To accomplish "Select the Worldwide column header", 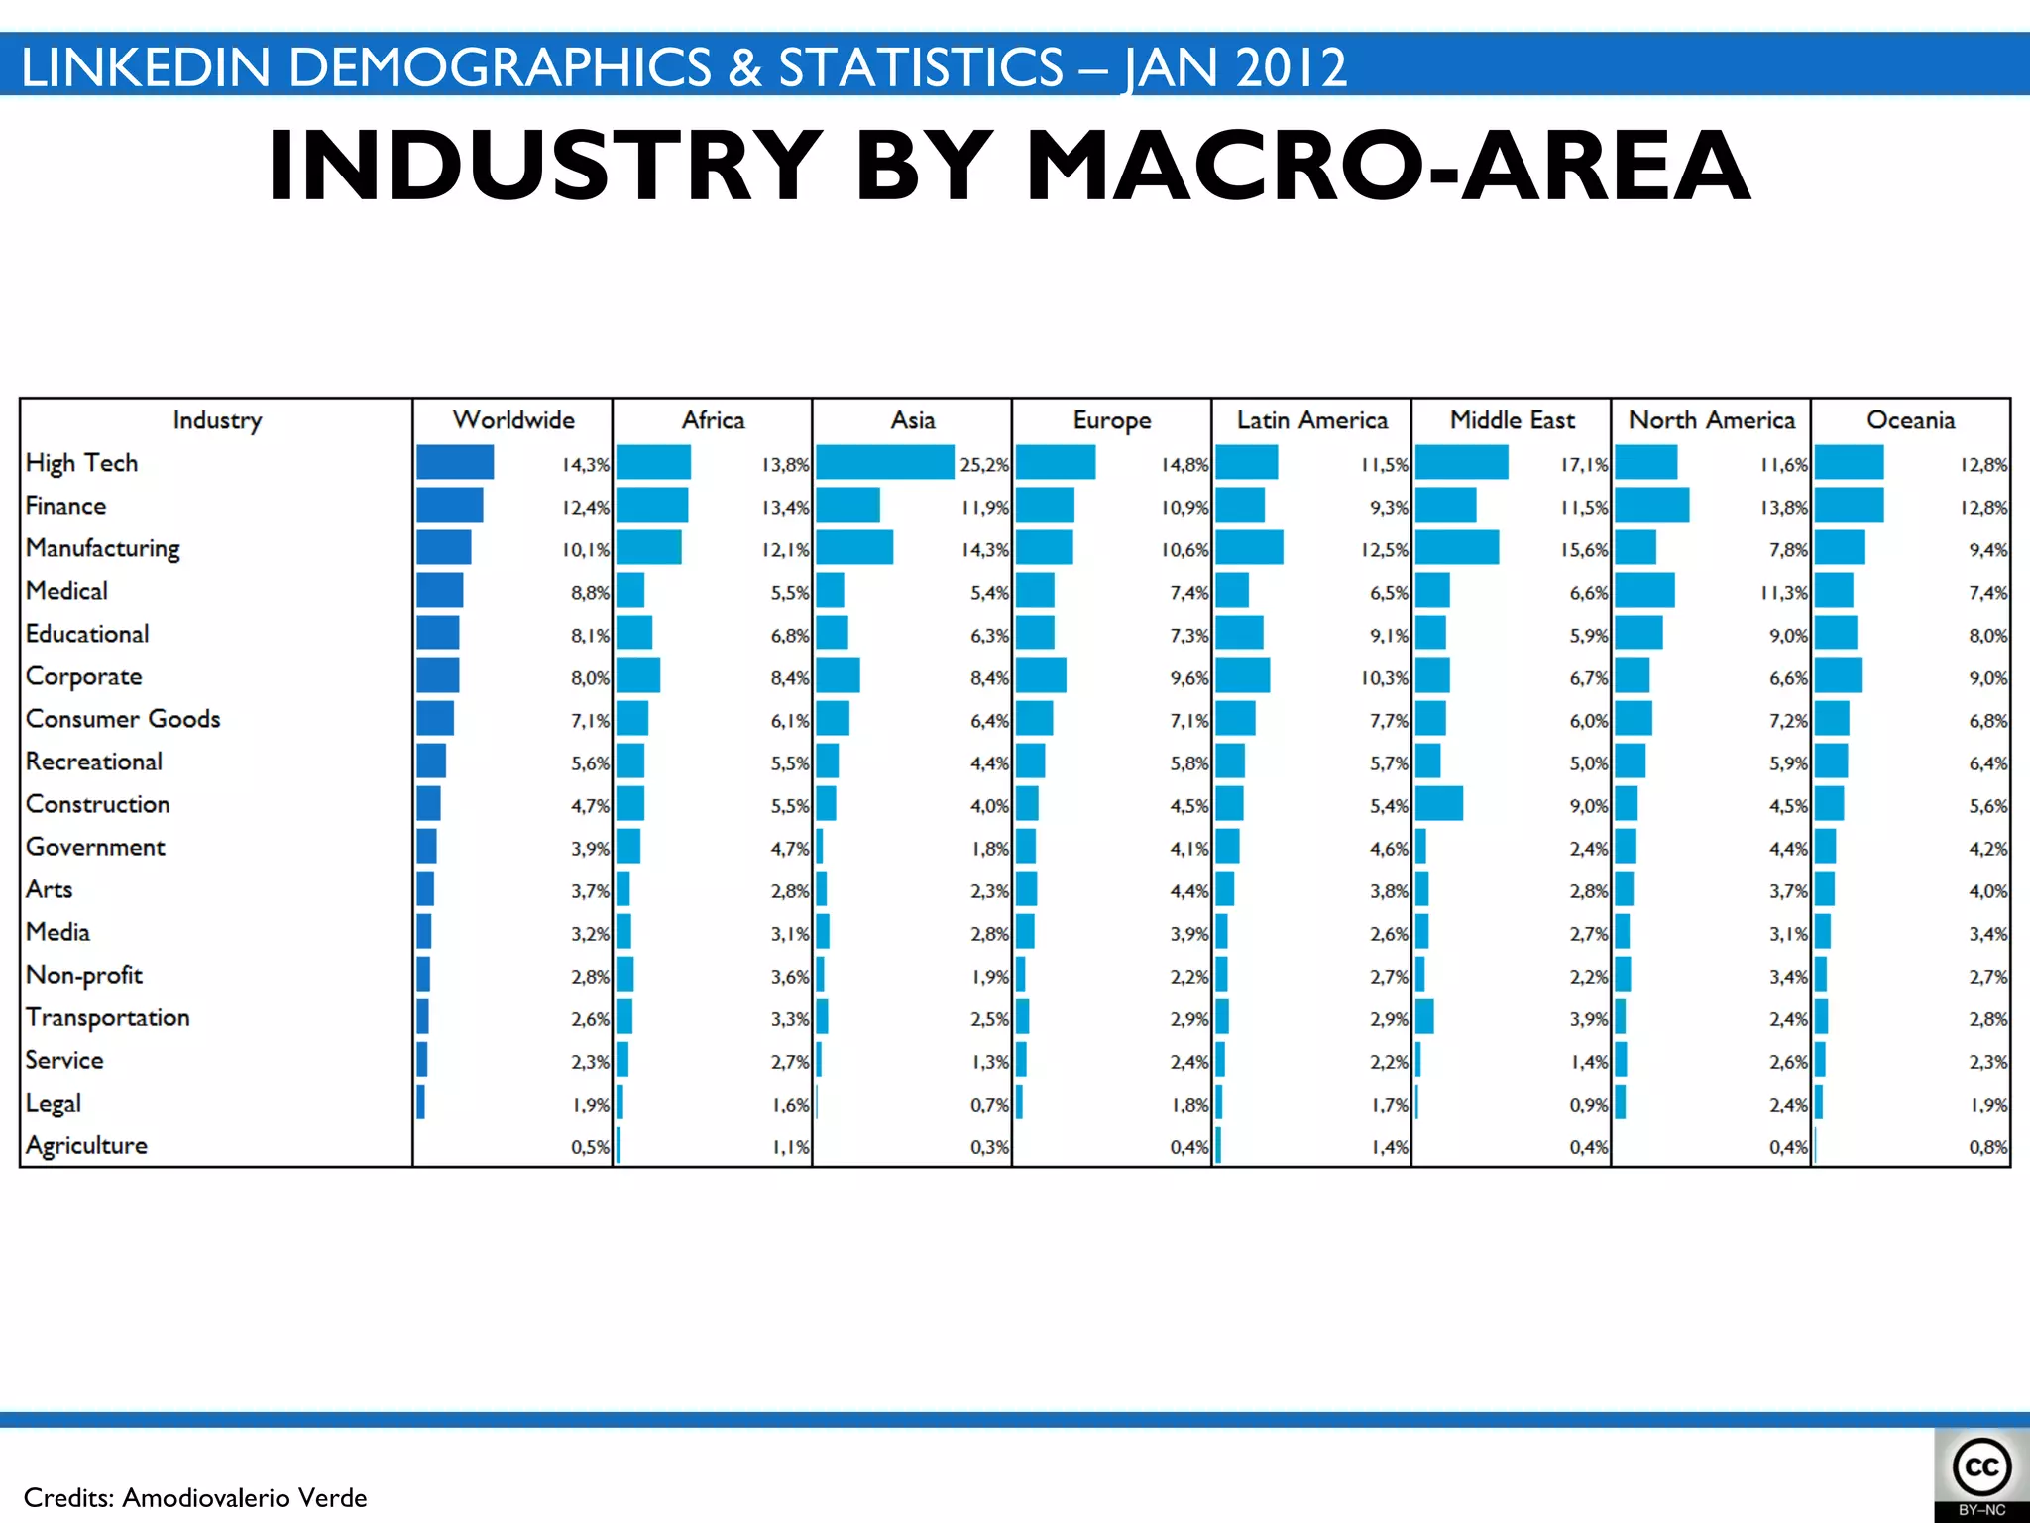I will point(513,420).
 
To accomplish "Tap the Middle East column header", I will point(1512,420).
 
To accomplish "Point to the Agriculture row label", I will point(86,1146).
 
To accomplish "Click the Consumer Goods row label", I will point(123,719).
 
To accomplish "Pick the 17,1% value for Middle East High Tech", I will point(1584,464).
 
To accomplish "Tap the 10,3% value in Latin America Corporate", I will point(1384,678).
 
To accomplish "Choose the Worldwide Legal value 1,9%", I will point(591,1105).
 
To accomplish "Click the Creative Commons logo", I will point(1981,1468).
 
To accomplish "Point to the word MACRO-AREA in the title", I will point(1388,166).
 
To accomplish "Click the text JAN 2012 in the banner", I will point(1234,67).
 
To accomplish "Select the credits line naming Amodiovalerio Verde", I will point(195,1497).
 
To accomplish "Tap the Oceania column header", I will point(1910,420).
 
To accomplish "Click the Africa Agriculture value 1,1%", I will point(791,1148).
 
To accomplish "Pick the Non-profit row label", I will point(84,976).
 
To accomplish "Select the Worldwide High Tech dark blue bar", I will point(455,463).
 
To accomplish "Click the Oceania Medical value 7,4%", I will point(1987,593).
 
